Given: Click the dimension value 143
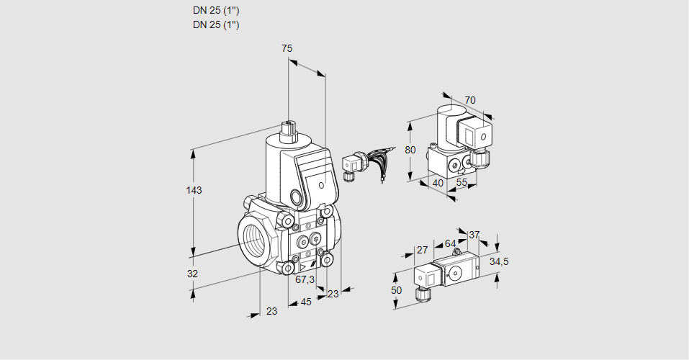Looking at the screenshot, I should [194, 191].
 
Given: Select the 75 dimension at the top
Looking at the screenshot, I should [287, 48].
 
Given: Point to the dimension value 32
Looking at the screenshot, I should [192, 274].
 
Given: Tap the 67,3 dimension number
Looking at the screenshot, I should [305, 280].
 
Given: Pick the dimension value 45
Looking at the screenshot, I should [306, 302].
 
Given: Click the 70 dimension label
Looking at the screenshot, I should [470, 100].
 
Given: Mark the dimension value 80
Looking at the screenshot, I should [410, 150].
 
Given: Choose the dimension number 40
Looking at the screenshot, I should [436, 183].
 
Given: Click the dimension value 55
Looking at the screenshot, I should [461, 183].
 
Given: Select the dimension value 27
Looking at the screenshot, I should [422, 250].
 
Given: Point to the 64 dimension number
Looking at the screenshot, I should [450, 243].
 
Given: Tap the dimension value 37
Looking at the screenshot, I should [474, 235].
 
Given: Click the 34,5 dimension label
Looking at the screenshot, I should [499, 261].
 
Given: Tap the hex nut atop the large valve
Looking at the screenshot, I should [289, 130].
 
